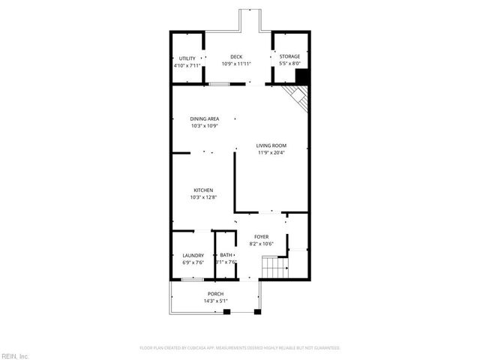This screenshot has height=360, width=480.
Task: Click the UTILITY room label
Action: click(187, 58)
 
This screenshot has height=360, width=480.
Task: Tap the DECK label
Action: click(236, 57)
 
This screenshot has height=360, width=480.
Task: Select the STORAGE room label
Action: click(289, 57)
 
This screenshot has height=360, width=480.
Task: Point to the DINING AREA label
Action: click(204, 118)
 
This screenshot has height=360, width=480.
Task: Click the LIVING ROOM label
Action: click(271, 145)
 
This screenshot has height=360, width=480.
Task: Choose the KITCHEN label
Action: click(203, 190)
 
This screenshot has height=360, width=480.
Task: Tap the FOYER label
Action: click(261, 237)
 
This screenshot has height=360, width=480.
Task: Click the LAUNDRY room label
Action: click(193, 256)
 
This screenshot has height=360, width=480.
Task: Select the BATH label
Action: click(226, 256)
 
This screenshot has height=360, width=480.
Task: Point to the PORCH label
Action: click(215, 294)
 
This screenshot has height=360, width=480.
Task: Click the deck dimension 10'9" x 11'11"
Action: click(236, 64)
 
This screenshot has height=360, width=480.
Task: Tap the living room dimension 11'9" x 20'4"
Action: click(271, 153)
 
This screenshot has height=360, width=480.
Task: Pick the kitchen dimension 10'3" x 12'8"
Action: click(203, 198)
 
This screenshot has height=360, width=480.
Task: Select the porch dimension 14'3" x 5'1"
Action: click(215, 301)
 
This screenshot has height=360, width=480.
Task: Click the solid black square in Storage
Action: click(302, 76)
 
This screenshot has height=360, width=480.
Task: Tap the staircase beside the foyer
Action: click(274, 267)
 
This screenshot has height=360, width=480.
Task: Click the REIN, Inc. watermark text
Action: click(15, 355)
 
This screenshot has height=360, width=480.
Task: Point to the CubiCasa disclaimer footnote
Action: click(240, 348)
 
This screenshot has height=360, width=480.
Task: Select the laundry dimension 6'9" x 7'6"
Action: click(193, 263)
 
